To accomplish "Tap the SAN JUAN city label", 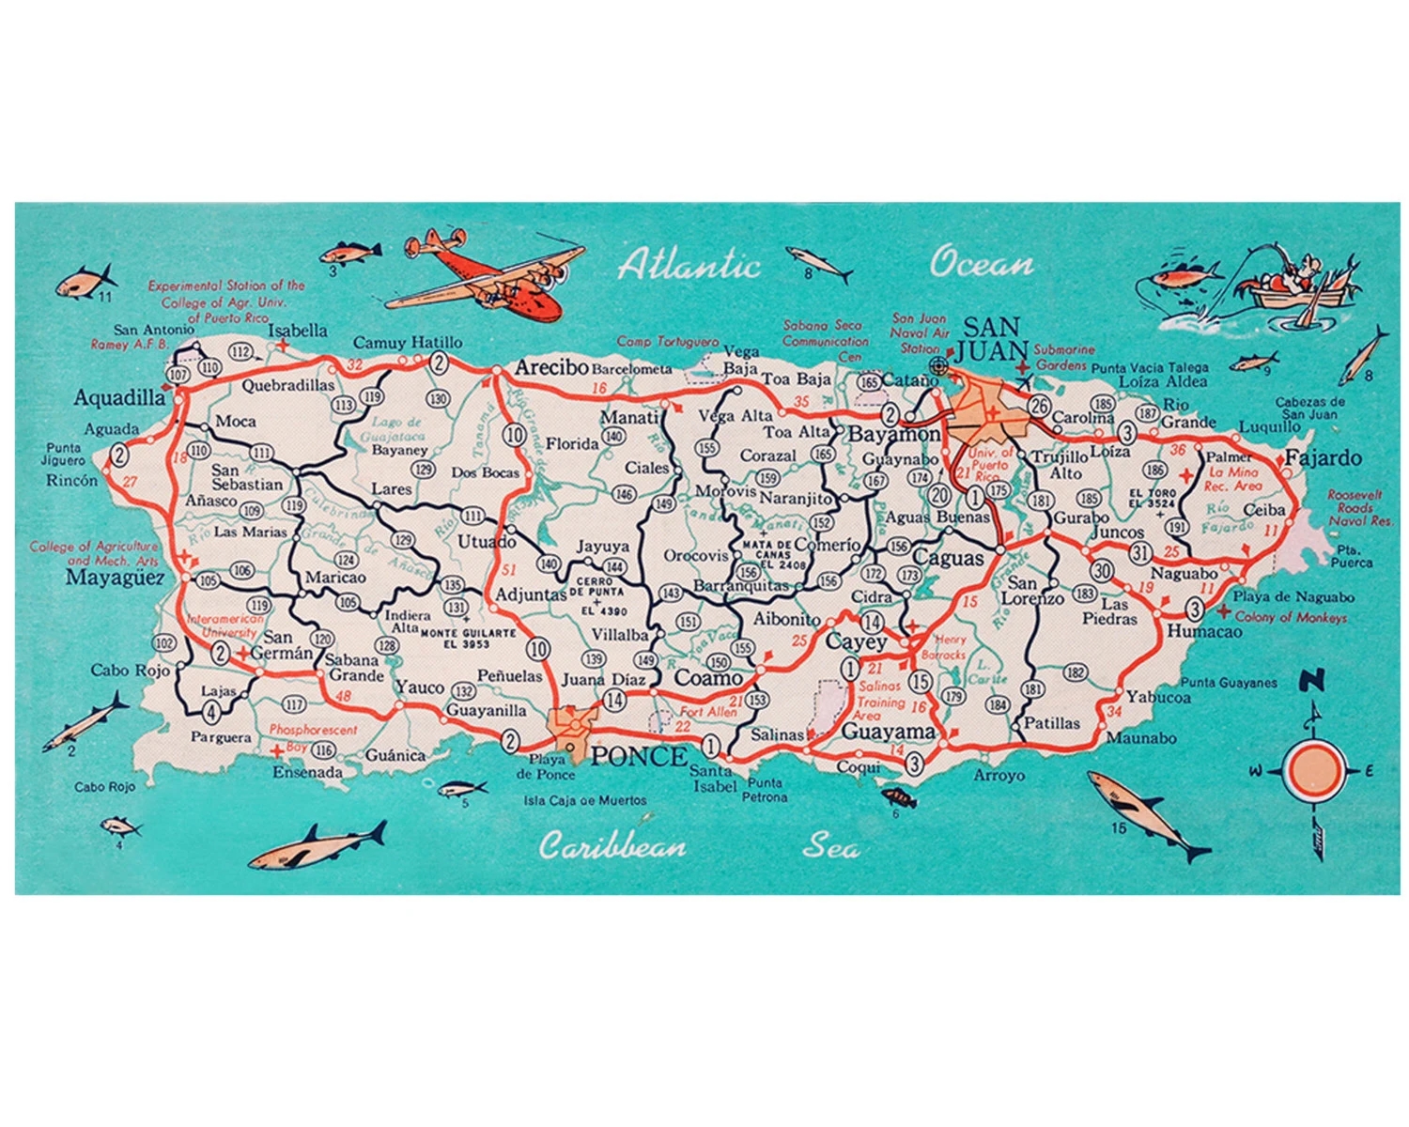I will (x=992, y=340).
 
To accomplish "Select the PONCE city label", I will (x=639, y=756).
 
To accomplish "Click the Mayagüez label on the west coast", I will (x=115, y=578).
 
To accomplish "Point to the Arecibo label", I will (x=550, y=367).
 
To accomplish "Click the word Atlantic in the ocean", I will (x=689, y=264).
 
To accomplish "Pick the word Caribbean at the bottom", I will (x=612, y=847).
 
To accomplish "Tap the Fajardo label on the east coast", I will (x=1323, y=458).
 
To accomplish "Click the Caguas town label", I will (x=948, y=558).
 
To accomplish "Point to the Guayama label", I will (x=888, y=731).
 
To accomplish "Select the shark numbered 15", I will (x=1148, y=812).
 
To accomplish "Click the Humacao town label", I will (x=1203, y=631).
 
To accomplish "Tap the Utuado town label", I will (x=487, y=541).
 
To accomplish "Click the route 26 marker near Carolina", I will (x=1038, y=406).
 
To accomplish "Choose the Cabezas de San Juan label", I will (x=1309, y=408).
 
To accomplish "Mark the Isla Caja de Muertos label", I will (x=585, y=801).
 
